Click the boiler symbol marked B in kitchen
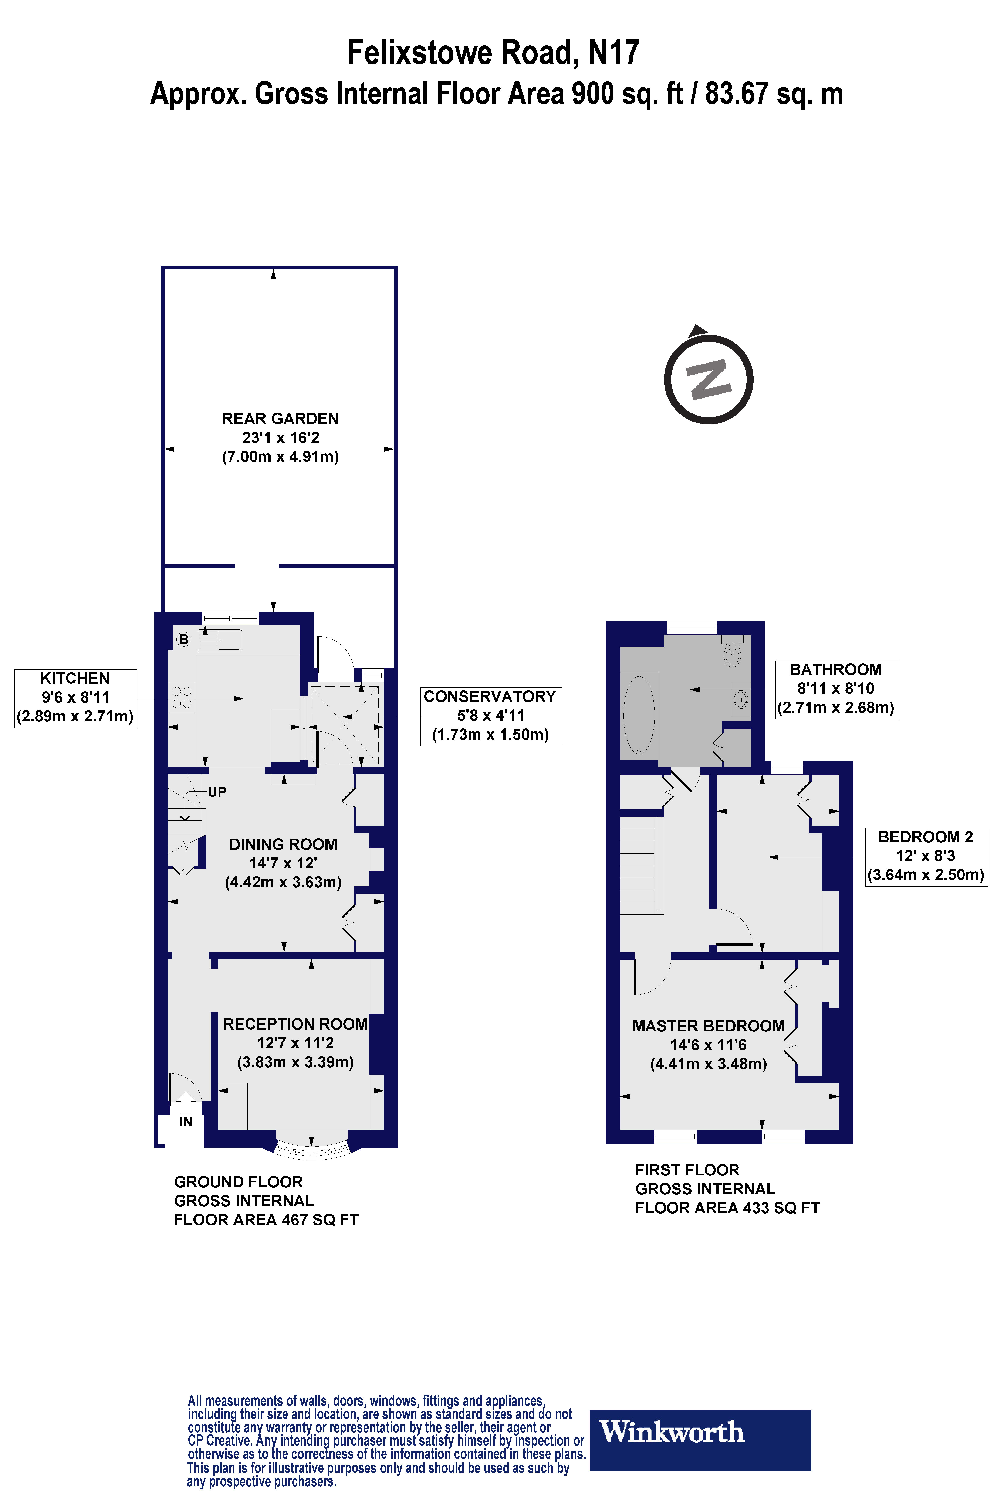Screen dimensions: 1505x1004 (184, 639)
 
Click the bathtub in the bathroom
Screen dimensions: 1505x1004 (639, 715)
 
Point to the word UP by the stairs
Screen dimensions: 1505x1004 (217, 792)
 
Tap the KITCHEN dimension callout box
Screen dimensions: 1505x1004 (75, 697)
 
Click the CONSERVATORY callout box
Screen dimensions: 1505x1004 (490, 715)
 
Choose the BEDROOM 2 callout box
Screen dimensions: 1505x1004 (926, 856)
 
